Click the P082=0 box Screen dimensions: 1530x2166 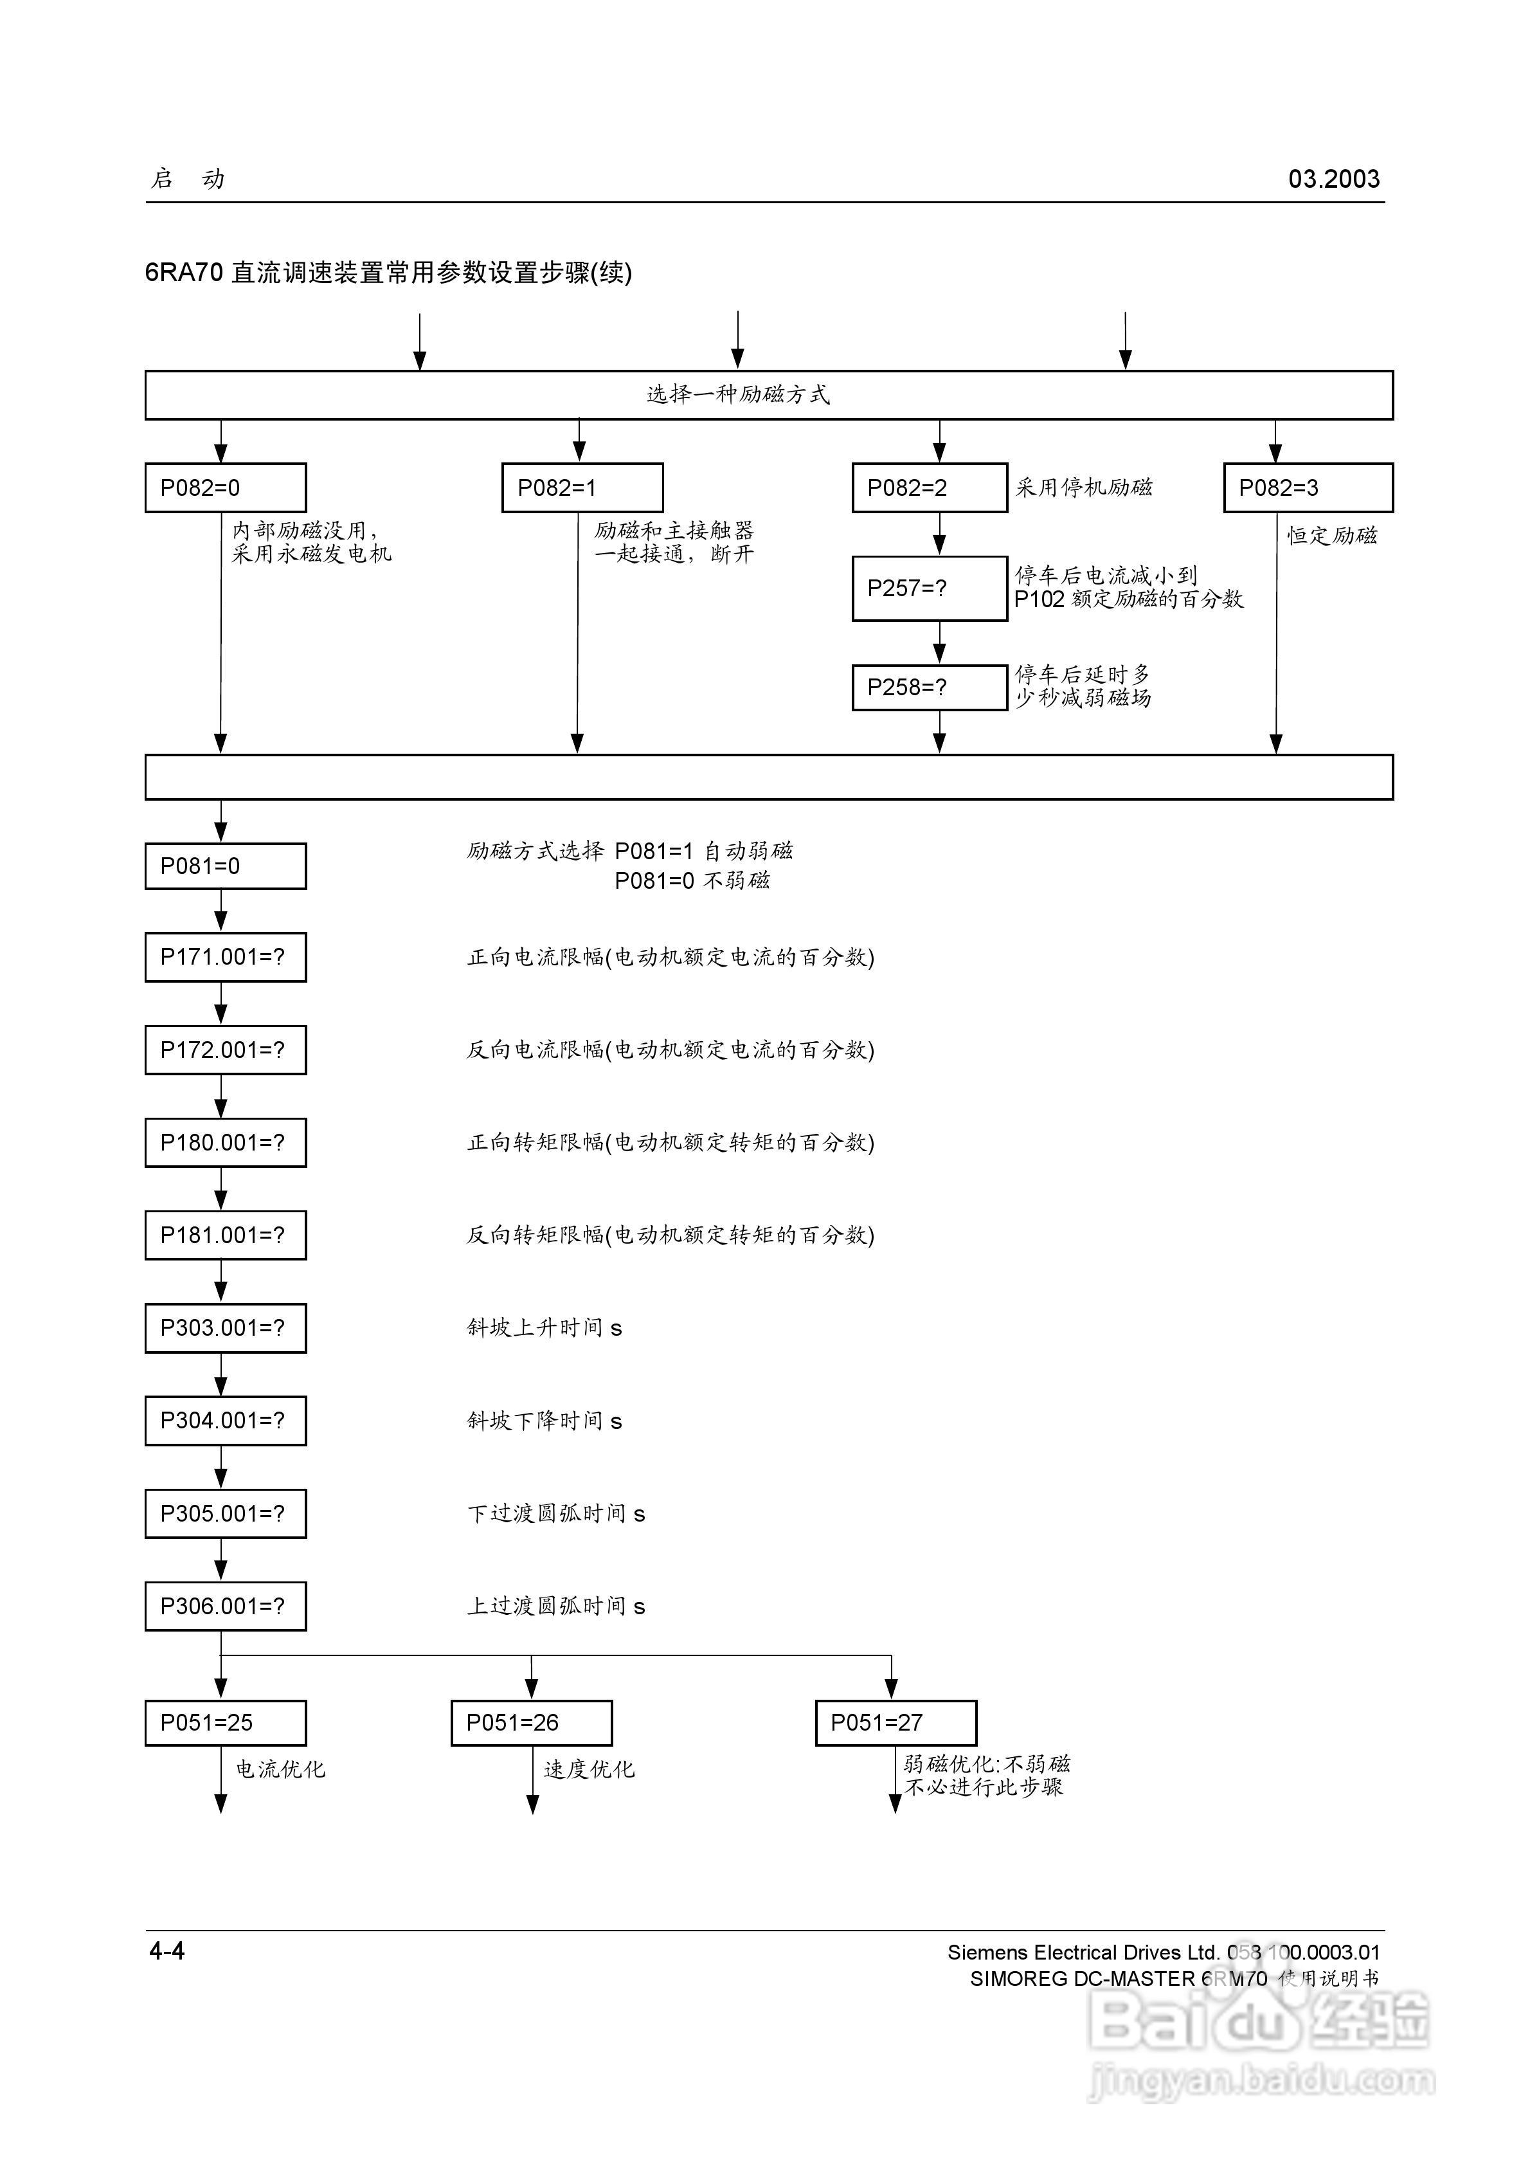pyautogui.click(x=226, y=487)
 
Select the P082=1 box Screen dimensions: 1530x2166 pyautogui.click(x=582, y=487)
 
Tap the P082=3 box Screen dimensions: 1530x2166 pyautogui.click(x=1308, y=487)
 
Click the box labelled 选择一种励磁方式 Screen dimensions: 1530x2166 pyautogui.click(x=769, y=394)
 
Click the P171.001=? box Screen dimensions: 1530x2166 pyautogui.click(x=226, y=956)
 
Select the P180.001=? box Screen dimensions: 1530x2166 pyautogui.click(x=226, y=1142)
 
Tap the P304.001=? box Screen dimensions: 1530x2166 pyautogui.click(x=226, y=1421)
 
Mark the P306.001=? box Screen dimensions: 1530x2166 pyautogui.click(x=226, y=1606)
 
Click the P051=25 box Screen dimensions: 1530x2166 pyautogui.click(x=226, y=1723)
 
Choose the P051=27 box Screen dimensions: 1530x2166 pyautogui.click(x=896, y=1723)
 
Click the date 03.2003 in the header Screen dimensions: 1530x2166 pyautogui.click(x=1334, y=179)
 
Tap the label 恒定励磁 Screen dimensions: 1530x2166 pyautogui.click(x=1332, y=536)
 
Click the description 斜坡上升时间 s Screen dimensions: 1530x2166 pyautogui.click(x=544, y=1328)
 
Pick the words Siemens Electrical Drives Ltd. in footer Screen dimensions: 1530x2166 pyautogui.click(x=1084, y=1952)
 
